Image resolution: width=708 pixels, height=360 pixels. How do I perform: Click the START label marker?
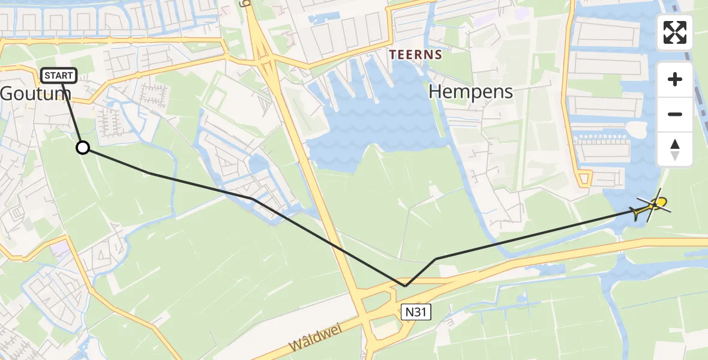tap(59, 76)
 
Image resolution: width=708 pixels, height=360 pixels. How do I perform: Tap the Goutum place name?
tap(36, 94)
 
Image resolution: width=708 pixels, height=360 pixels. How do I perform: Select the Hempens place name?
tap(472, 92)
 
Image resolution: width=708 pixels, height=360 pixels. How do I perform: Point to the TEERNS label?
tap(415, 55)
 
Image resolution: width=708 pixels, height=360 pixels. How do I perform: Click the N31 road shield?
tap(416, 310)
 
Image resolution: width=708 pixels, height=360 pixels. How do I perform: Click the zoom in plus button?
tap(675, 79)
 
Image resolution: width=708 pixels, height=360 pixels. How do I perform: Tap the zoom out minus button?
tap(675, 114)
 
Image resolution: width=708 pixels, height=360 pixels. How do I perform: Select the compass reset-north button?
tap(675, 149)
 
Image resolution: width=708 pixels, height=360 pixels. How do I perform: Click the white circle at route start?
tap(83, 148)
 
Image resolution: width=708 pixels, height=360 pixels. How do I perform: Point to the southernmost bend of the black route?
tap(406, 286)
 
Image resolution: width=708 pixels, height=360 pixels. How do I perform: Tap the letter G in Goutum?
tap(8, 94)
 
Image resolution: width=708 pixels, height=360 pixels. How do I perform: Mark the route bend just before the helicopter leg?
tap(436, 259)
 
